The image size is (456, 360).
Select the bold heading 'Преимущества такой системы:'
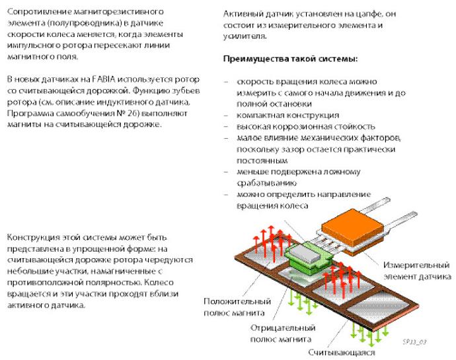(x=291, y=59)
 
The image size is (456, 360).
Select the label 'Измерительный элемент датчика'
(x=416, y=270)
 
